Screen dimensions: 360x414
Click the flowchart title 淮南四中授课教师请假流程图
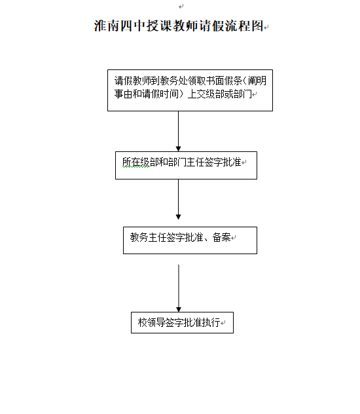tap(179, 26)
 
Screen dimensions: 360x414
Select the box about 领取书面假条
tap(190, 90)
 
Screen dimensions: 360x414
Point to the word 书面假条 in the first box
tap(224, 81)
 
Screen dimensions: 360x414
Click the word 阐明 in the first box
tap(257, 81)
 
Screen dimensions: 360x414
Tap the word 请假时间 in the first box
tap(160, 94)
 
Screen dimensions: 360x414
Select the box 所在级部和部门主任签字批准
tap(186, 165)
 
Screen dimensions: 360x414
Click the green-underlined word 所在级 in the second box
tap(136, 162)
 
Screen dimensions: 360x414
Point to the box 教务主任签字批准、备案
tap(190, 240)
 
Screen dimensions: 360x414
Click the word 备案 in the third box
tap(221, 237)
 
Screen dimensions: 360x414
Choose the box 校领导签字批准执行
tap(182, 323)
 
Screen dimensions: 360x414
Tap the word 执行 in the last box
tap(211, 322)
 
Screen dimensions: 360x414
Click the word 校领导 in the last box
tap(151, 322)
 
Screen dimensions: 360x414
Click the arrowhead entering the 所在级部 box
tap(178, 149)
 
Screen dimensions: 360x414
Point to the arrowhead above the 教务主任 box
tap(178, 217)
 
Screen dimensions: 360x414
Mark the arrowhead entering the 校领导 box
tap(179, 309)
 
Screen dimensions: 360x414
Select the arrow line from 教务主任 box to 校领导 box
tap(179, 288)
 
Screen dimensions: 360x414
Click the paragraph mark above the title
tap(181, 7)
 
